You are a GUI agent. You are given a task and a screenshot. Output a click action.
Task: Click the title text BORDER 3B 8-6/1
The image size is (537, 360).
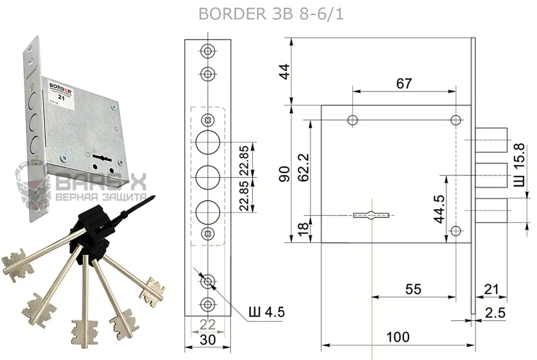[271, 14]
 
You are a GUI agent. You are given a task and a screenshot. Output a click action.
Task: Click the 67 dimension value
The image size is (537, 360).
[404, 84]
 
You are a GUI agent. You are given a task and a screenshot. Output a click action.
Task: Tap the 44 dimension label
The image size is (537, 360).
[284, 71]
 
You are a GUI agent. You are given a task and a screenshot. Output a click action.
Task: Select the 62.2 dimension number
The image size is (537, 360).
[304, 167]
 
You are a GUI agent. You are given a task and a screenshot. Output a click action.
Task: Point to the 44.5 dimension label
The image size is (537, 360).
[439, 209]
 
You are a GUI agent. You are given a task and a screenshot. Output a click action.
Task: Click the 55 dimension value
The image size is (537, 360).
[413, 289]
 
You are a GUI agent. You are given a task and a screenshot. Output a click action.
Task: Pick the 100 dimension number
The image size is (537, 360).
[398, 337]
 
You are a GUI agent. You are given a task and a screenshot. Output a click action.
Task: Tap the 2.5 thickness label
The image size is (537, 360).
[495, 313]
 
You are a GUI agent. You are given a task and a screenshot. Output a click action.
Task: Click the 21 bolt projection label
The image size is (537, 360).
[491, 289]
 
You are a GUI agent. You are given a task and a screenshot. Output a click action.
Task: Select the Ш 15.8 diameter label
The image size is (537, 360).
[519, 165]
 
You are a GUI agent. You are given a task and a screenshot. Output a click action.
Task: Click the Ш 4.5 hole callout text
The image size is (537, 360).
[266, 312]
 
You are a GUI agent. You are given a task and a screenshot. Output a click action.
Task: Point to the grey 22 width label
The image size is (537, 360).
[207, 324]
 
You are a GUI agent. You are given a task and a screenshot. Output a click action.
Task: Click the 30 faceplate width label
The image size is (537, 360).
[207, 340]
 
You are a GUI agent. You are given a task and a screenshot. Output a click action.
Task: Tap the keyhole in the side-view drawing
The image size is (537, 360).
[371, 215]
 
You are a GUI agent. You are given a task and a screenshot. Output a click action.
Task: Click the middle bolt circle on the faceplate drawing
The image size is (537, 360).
[208, 177]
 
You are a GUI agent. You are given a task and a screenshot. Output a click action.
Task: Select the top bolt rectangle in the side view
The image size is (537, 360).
[491, 140]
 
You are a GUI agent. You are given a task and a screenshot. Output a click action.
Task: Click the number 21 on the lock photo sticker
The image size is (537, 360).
[61, 98]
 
